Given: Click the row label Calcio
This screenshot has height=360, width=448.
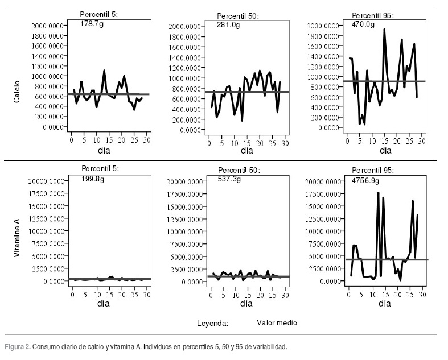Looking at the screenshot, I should tap(17, 91).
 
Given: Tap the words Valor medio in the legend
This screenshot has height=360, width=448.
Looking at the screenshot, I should tap(277, 322).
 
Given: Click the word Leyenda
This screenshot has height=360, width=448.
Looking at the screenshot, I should tap(212, 323).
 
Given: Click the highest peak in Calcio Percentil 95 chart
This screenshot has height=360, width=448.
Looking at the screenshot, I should tap(384, 29).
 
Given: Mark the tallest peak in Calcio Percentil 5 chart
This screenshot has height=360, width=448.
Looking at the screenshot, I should tap(104, 71).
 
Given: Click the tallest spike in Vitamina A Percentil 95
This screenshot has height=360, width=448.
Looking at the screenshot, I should tap(378, 193).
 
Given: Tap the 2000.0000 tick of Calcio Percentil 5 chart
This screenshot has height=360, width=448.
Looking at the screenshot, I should tap(47, 26).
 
